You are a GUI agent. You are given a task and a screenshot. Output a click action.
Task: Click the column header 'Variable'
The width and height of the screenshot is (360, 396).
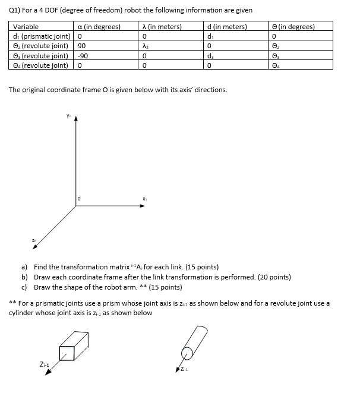pyautogui.click(x=26, y=26)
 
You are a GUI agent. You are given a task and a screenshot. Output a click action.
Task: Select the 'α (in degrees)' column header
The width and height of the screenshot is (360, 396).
pyautogui.click(x=99, y=26)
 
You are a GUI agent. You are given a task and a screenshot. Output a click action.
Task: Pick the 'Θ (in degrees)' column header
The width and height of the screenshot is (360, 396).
pyautogui.click(x=293, y=26)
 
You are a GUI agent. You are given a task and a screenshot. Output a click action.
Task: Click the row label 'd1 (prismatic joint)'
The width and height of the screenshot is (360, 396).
pyautogui.click(x=40, y=36)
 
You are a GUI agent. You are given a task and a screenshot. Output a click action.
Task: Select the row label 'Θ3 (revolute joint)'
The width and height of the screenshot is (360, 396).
pyautogui.click(x=40, y=55)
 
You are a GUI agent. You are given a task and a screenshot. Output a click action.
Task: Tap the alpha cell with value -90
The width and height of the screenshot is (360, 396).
pyautogui.click(x=84, y=55)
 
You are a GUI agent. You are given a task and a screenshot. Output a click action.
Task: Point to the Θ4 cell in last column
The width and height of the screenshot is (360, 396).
pyautogui.click(x=274, y=64)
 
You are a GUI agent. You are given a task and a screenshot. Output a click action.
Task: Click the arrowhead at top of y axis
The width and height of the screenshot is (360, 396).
pyautogui.click(x=77, y=117)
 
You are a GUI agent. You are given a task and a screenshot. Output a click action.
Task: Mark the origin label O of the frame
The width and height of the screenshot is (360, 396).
pyautogui.click(x=80, y=199)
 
